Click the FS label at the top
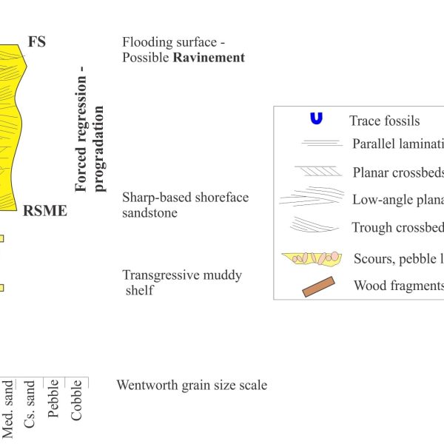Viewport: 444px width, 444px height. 37,42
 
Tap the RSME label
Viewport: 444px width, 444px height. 45,211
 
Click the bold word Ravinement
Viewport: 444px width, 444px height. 209,58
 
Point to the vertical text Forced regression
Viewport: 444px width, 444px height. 81,129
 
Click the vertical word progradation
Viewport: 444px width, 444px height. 99,149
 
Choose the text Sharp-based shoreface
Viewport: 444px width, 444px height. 186,198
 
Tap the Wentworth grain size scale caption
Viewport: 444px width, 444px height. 192,385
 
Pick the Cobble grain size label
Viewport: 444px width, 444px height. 76,400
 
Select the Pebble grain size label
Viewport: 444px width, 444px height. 53,398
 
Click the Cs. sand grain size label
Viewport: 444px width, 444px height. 29,404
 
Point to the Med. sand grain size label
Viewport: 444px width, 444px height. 7,409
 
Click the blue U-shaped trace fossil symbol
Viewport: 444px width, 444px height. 316,118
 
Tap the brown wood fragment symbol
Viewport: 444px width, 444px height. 318,286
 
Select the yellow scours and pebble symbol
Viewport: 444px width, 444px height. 312,258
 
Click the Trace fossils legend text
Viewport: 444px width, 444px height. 384,121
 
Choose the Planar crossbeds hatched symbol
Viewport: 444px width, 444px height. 318,172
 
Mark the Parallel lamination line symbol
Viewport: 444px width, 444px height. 322,143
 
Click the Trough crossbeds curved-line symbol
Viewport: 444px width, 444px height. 314,224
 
